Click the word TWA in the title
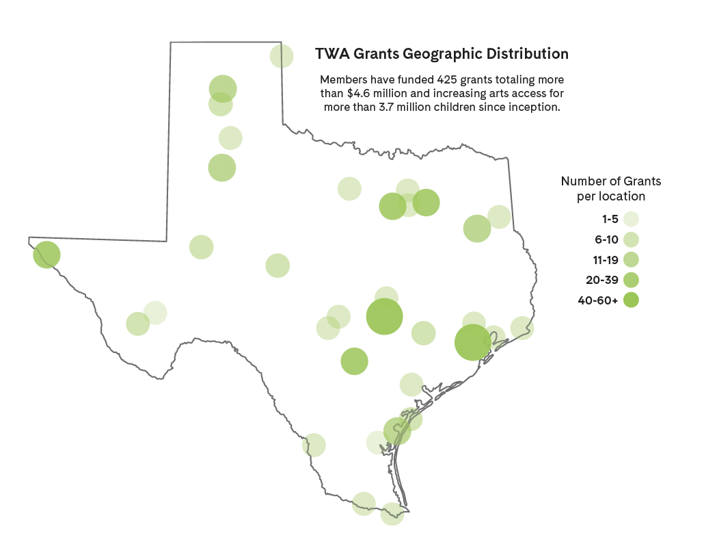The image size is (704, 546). (x=331, y=53)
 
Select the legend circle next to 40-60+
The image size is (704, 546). (x=631, y=300)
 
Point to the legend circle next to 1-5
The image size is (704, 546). (x=631, y=220)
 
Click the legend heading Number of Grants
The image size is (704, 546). (x=610, y=181)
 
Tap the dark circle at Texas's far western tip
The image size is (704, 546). (x=46, y=255)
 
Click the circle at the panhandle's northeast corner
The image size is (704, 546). (x=282, y=56)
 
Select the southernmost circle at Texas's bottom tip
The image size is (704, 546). (x=392, y=514)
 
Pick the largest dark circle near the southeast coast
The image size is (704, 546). (x=473, y=342)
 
